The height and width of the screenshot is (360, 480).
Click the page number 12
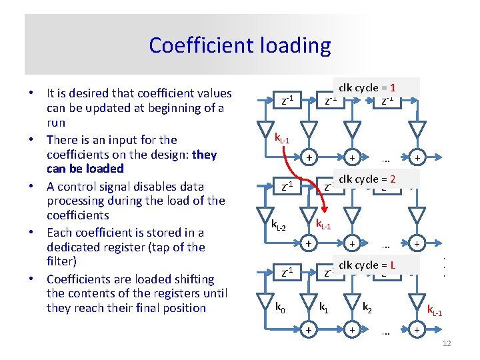(447, 343)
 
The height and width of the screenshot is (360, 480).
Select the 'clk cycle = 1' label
(368, 87)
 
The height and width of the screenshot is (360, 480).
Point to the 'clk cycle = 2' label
(368, 179)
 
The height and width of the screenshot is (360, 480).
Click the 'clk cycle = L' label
(368, 265)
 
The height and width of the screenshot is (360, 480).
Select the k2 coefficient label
(367, 307)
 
